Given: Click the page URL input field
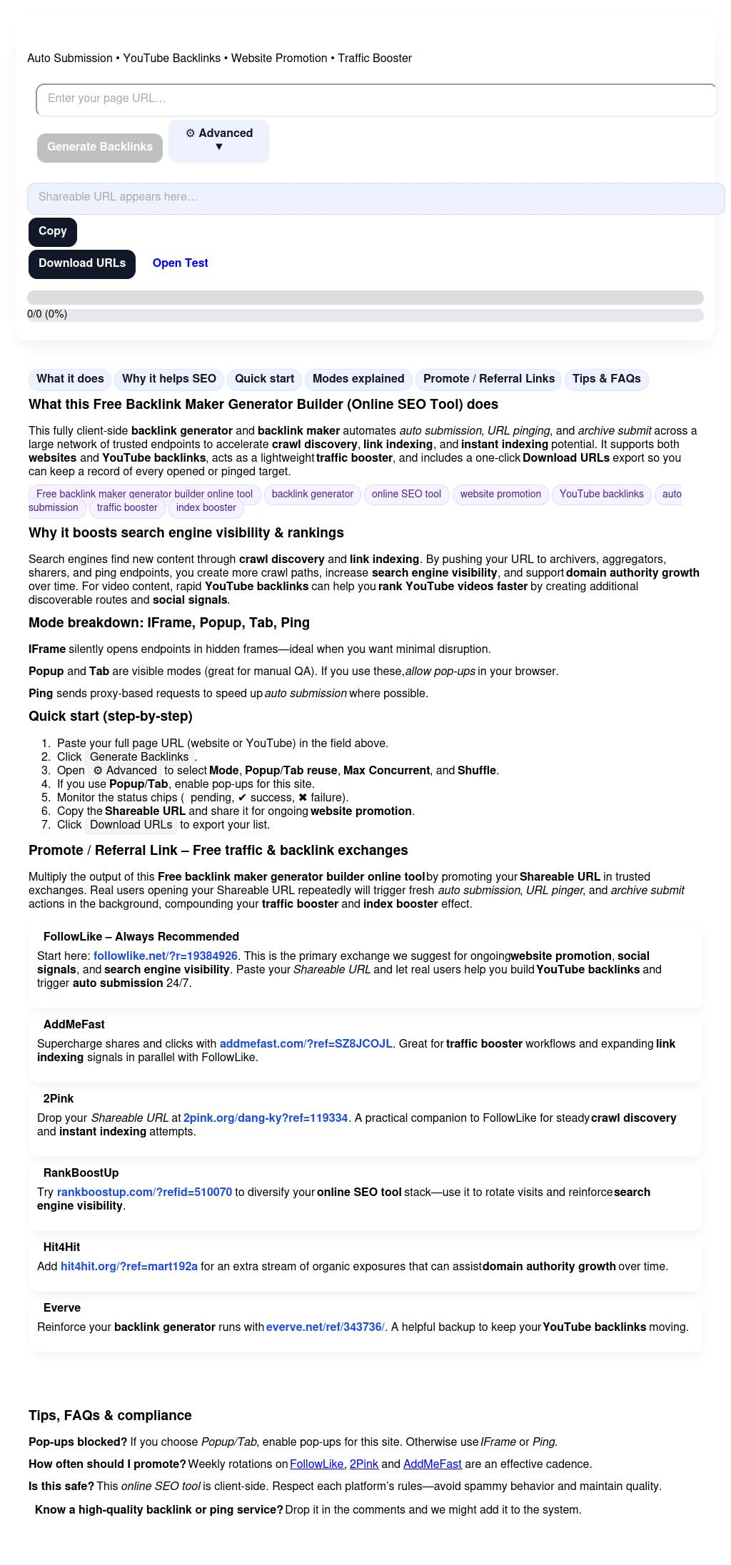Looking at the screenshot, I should click(x=376, y=99).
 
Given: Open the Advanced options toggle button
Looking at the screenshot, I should click(x=219, y=141).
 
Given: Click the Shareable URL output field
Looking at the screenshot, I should click(x=375, y=198).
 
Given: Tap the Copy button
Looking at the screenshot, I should click(x=53, y=231).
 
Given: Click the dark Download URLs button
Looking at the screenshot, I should click(x=82, y=263).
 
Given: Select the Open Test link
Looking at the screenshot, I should click(x=180, y=263).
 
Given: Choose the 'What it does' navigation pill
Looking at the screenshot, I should click(x=70, y=379).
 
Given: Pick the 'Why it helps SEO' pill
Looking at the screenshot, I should click(x=169, y=379).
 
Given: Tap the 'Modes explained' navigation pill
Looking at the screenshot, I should click(x=358, y=379).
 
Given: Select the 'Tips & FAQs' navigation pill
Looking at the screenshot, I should click(x=606, y=379).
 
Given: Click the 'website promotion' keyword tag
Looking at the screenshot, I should click(x=500, y=494).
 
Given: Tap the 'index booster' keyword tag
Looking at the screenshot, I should click(x=206, y=507).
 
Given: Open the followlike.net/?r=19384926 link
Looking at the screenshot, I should click(x=166, y=956).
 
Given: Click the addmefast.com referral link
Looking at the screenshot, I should click(x=306, y=1043).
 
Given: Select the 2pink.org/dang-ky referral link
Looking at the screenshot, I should click(x=266, y=1118).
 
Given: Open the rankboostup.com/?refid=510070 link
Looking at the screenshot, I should click(x=144, y=1192).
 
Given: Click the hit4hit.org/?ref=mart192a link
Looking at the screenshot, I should click(x=129, y=1266).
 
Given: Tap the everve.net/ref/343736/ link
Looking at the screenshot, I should click(x=326, y=1327).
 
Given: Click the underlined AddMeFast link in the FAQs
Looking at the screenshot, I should click(x=433, y=1464).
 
